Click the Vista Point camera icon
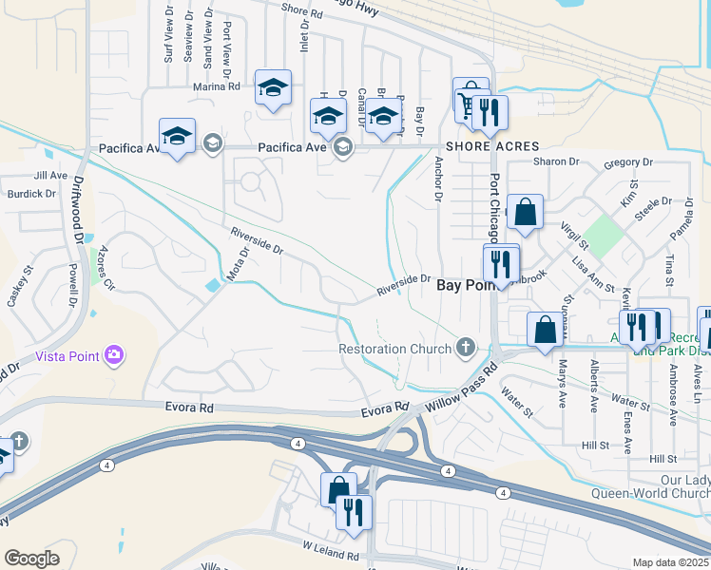tap(114, 355)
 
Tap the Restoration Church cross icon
tap(466, 347)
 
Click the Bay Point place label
tap(462, 284)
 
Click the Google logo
tap(31, 559)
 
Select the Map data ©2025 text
tap(669, 562)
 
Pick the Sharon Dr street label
tap(549, 161)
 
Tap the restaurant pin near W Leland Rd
tap(354, 513)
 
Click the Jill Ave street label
tap(50, 176)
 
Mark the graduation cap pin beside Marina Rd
tap(273, 89)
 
